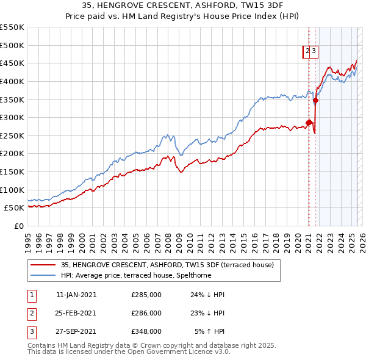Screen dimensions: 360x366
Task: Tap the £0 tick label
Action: pos(18,226)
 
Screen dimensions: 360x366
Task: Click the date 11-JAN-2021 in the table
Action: pos(76,294)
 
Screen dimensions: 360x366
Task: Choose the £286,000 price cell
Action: pos(146,313)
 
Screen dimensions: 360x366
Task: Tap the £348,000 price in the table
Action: pos(146,332)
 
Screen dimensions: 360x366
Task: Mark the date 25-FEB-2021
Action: pos(76,313)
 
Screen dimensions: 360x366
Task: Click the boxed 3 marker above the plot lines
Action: pos(314,52)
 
